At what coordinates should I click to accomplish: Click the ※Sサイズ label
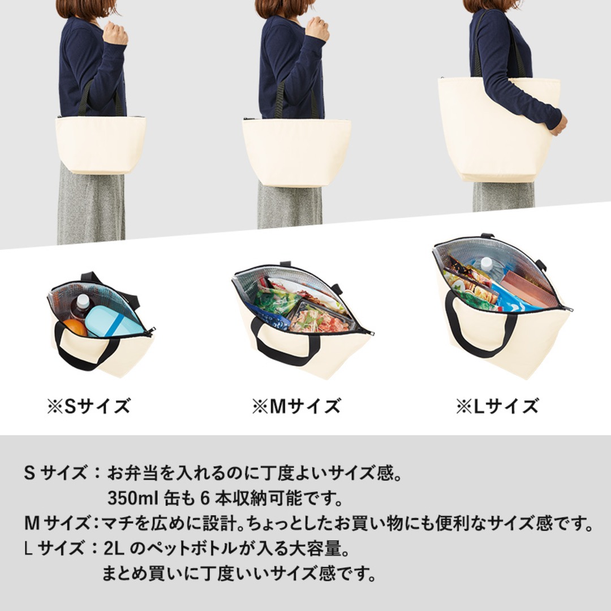tap(88, 406)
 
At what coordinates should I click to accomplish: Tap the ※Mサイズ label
tap(296, 406)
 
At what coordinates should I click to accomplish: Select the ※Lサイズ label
tap(497, 406)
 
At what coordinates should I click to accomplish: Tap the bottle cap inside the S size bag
tap(83, 300)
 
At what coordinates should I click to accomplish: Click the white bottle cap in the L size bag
tap(486, 264)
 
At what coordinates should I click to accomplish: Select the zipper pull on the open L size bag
tap(567, 309)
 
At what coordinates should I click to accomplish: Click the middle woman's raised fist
tap(317, 29)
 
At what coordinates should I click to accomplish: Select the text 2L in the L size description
tap(114, 549)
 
